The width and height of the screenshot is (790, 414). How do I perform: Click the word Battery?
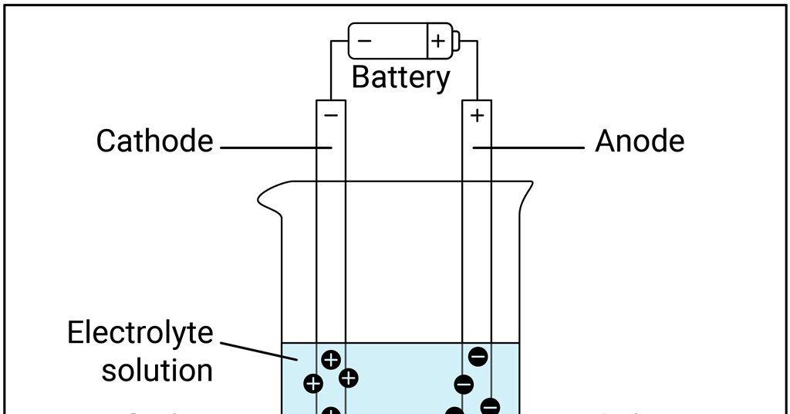[400, 78]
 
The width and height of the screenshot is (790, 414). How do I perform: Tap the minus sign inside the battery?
[364, 40]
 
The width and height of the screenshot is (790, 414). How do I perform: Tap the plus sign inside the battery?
[438, 41]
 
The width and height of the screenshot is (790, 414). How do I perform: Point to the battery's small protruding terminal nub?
[455, 40]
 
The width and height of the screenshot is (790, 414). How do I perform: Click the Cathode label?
[154, 141]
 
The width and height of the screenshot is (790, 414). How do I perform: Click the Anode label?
[640, 141]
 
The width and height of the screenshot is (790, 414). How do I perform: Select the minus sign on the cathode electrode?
[331, 116]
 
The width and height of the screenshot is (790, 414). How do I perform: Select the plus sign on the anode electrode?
[477, 116]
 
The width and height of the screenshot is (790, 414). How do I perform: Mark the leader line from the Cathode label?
[276, 147]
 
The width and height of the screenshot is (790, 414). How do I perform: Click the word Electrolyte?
[140, 333]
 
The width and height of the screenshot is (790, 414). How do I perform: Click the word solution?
[157, 370]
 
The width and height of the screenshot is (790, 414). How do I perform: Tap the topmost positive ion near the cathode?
[331, 359]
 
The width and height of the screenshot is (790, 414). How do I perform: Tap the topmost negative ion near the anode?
[478, 356]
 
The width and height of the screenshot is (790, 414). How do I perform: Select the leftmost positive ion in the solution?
[313, 383]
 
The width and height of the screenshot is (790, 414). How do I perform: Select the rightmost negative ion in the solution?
[490, 406]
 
